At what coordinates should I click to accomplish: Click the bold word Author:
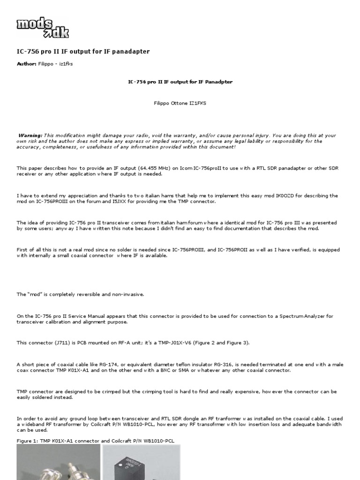click(x=27, y=64)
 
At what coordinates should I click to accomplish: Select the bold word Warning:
click(x=30, y=135)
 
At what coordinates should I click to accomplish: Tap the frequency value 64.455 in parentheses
click(x=139, y=168)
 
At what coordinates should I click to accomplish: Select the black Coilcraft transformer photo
click(x=141, y=462)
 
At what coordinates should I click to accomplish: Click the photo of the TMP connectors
click(x=59, y=462)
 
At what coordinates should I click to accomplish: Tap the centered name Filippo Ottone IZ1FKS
click(x=180, y=103)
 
